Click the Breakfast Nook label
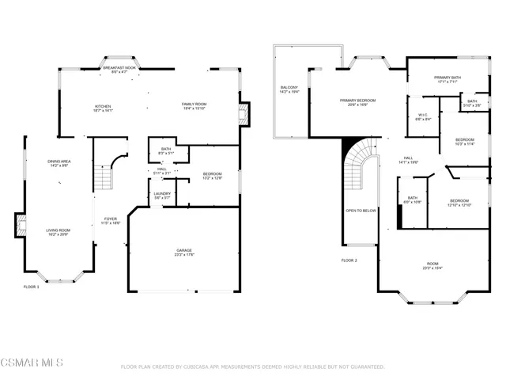click(x=119, y=70)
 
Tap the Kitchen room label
click(x=104, y=108)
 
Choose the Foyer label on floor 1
click(x=110, y=221)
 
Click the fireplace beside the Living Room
click(x=20, y=226)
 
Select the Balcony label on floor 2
click(x=289, y=89)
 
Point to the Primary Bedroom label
click(x=357, y=102)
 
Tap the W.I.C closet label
click(x=423, y=116)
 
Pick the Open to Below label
click(x=361, y=211)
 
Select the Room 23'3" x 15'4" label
click(x=432, y=266)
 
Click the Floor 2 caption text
click(x=349, y=260)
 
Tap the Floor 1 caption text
click(x=31, y=287)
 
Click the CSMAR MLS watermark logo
click(x=32, y=363)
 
